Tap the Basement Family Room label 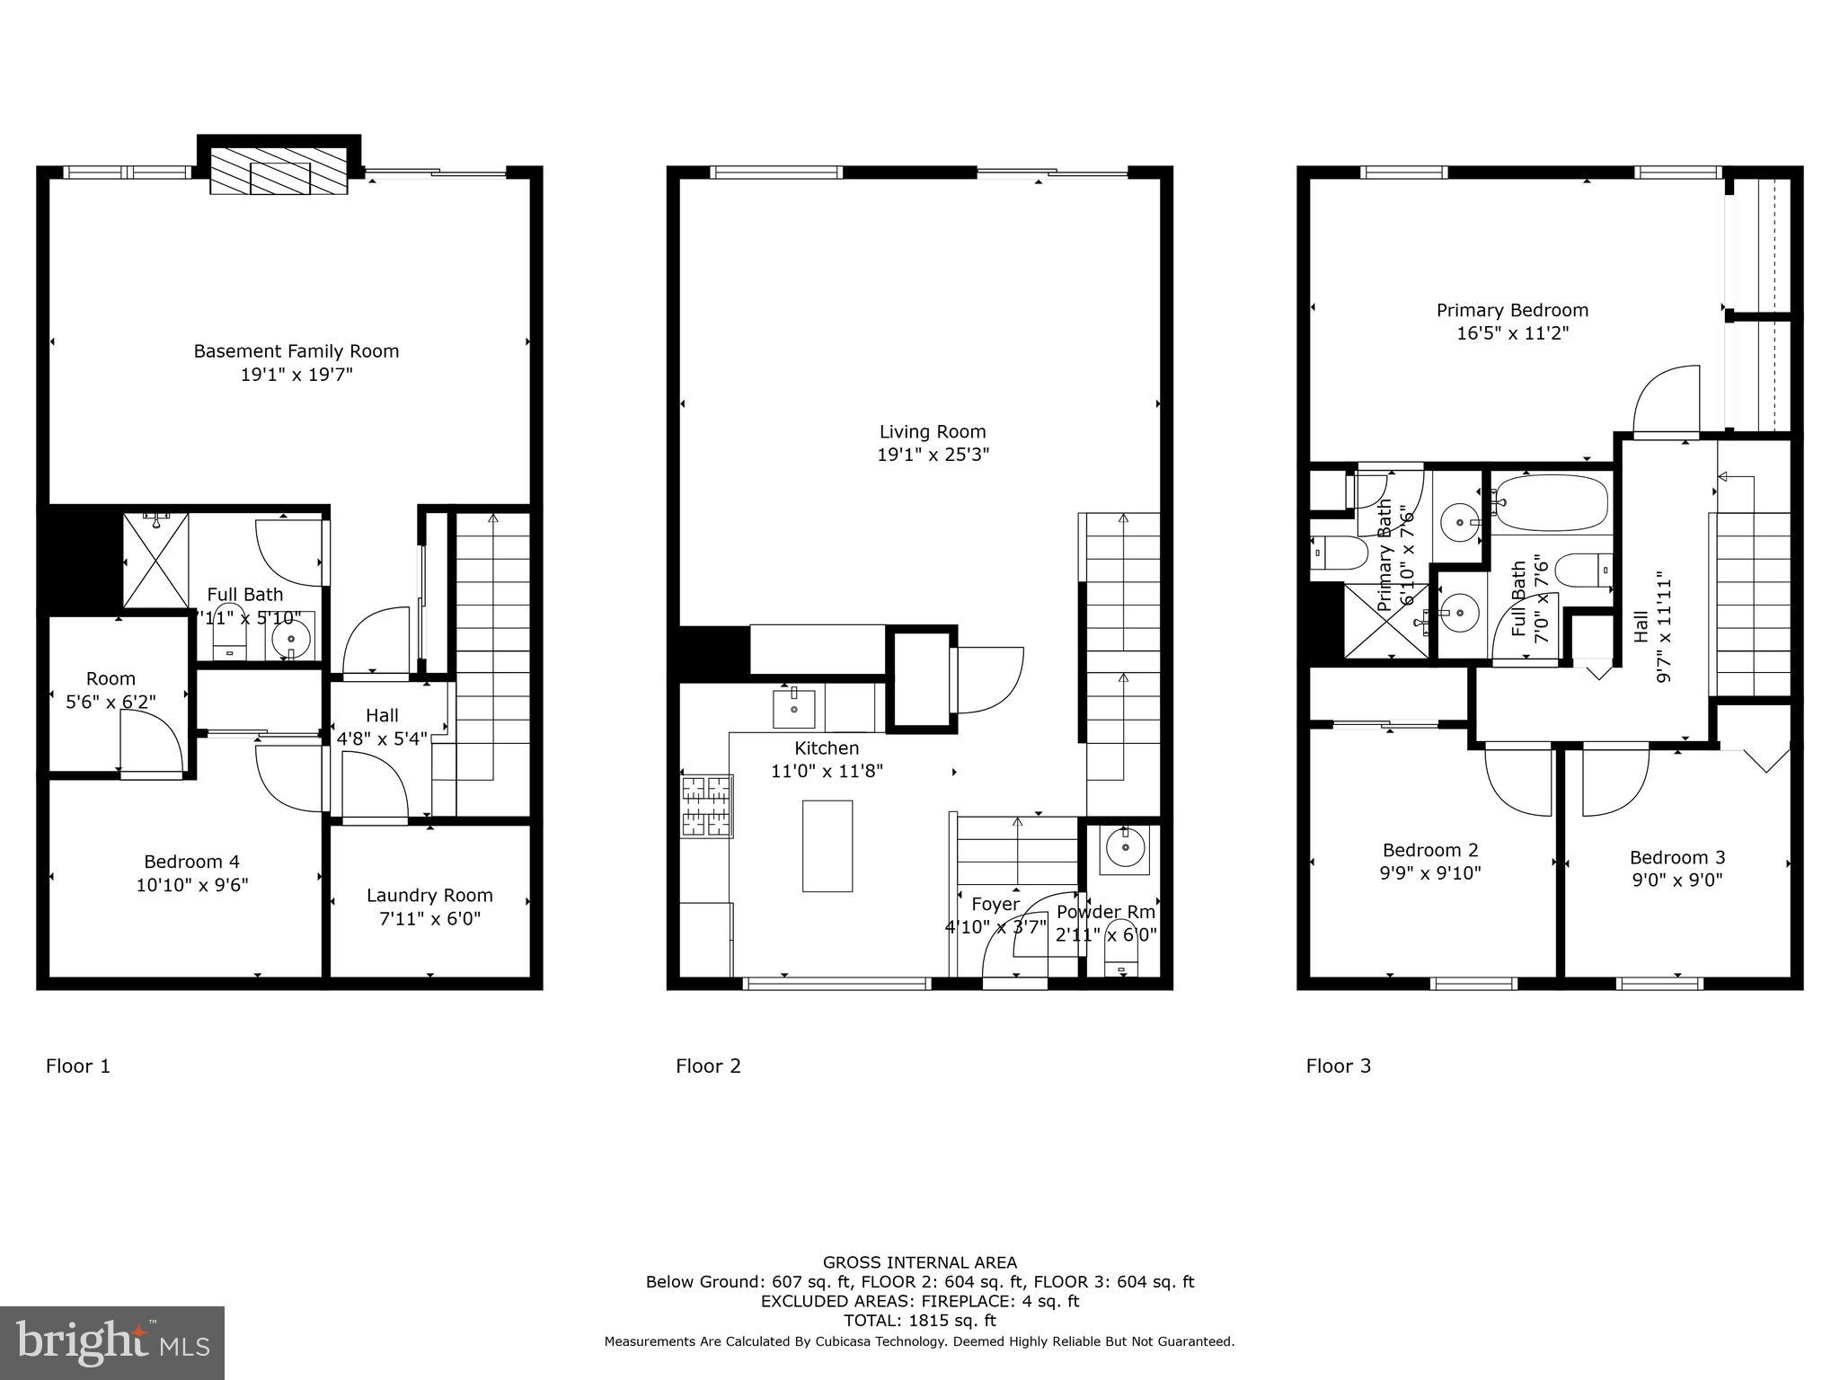point(296,351)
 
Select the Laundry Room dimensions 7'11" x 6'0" point(429,919)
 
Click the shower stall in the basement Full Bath point(155,560)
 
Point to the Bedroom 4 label point(191,862)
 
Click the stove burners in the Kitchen point(706,807)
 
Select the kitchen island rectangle point(827,845)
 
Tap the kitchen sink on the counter point(794,709)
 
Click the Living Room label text point(933,432)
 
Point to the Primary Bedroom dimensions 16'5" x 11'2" point(1512,333)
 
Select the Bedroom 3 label point(1676,857)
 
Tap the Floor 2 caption point(708,1066)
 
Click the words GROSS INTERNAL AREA point(919,1262)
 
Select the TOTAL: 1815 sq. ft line point(919,1321)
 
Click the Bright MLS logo point(112,1342)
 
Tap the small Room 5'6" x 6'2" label point(111,690)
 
